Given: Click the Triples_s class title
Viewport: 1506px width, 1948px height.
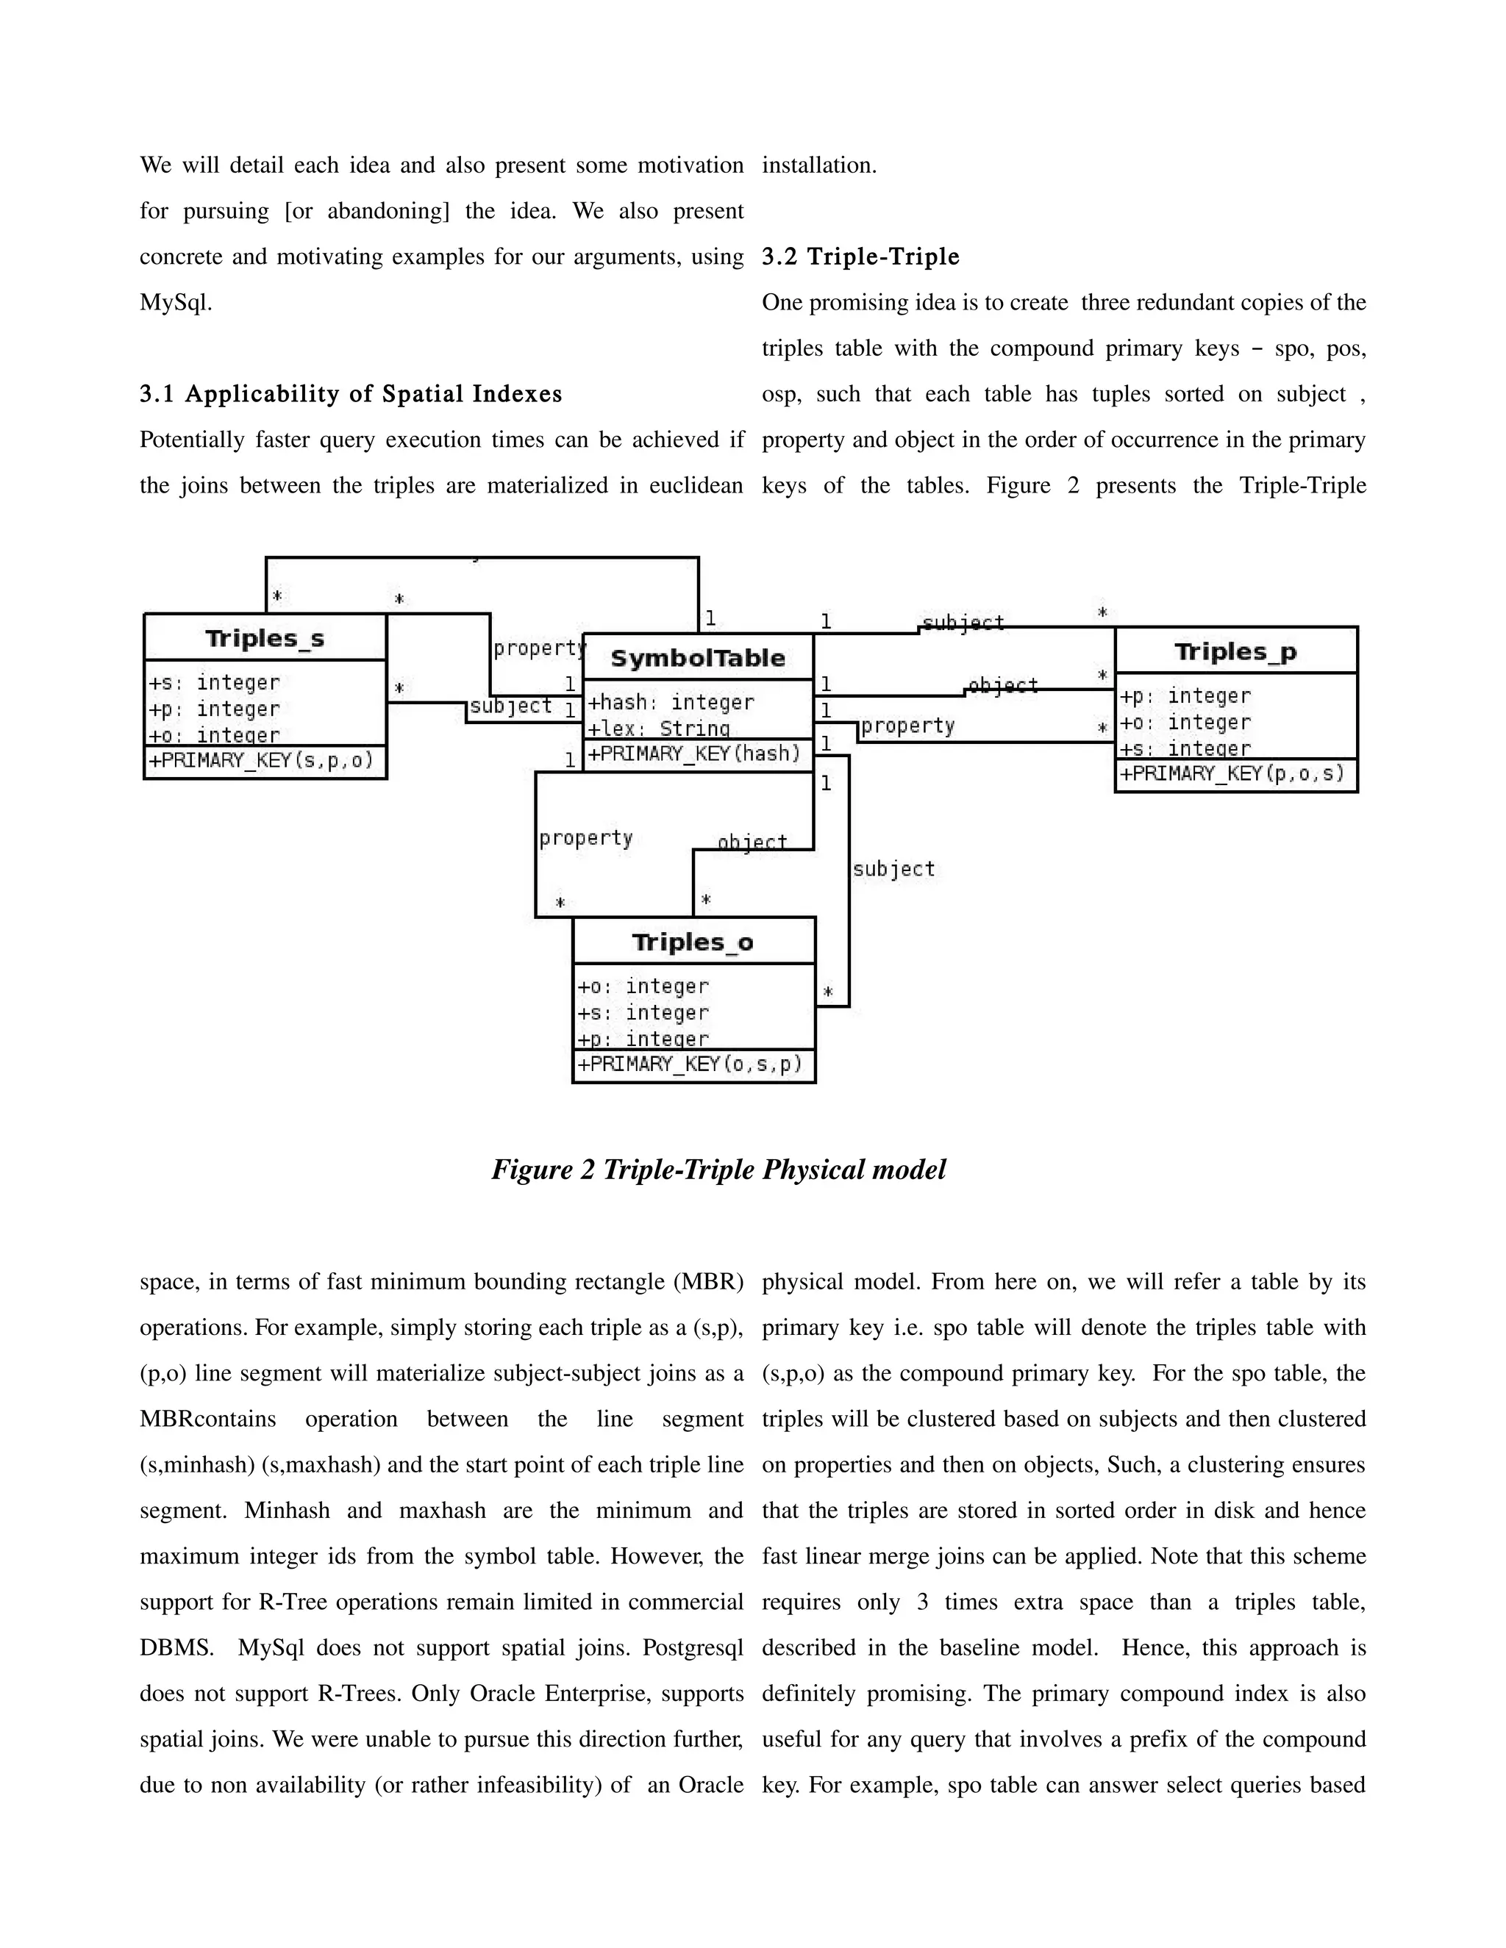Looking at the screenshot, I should point(265,639).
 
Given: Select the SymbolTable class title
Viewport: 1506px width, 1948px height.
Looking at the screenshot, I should point(698,658).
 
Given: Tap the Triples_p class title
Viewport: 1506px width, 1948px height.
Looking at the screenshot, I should point(1235,652).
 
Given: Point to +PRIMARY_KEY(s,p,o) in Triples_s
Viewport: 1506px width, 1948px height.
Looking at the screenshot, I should point(261,761).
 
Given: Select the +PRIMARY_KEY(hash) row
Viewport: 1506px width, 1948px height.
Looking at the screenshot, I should point(694,753).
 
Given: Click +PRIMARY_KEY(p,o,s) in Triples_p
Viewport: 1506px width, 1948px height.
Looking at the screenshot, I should point(1232,773).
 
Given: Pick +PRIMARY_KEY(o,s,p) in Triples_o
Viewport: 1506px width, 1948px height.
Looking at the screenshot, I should point(690,1064).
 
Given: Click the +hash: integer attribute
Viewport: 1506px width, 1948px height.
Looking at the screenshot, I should point(671,703).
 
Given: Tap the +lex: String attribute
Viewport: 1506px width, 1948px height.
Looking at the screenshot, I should point(658,728).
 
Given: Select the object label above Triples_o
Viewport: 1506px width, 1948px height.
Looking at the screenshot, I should point(753,841).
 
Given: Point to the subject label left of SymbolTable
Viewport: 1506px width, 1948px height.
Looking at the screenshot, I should point(511,706).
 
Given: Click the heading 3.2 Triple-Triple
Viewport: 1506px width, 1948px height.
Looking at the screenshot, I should point(860,257).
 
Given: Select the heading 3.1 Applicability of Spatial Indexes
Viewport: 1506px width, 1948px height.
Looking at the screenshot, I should point(351,394).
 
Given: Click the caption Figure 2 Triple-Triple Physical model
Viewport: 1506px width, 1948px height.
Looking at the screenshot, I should point(718,1170).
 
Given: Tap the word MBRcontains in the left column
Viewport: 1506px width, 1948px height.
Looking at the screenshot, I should point(208,1419).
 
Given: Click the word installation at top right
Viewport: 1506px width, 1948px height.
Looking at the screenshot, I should point(819,165).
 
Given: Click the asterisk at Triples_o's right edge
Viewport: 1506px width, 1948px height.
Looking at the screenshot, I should point(828,992).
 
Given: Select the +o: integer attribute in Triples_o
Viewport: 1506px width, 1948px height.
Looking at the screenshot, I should point(643,986).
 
